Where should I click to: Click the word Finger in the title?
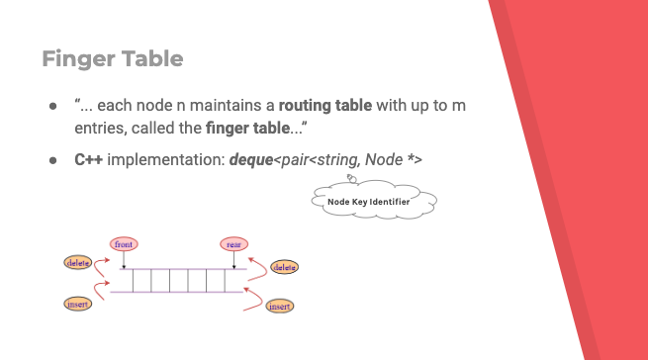79,59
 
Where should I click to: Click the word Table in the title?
152,58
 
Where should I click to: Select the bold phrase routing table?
325,106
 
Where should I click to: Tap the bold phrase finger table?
247,129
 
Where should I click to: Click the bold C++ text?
88,159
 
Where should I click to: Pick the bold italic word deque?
251,160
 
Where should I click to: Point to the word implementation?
165,160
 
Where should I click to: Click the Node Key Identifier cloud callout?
374,199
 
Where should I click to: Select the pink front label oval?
124,244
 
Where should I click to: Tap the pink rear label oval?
233,244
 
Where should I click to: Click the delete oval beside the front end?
78,262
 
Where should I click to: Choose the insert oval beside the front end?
78,305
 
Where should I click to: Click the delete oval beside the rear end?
284,267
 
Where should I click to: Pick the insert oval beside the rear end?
280,307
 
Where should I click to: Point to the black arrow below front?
124,260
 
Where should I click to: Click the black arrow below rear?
233,260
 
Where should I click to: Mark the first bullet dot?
52,106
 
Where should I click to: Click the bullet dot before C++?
52,160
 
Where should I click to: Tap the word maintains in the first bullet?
228,106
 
